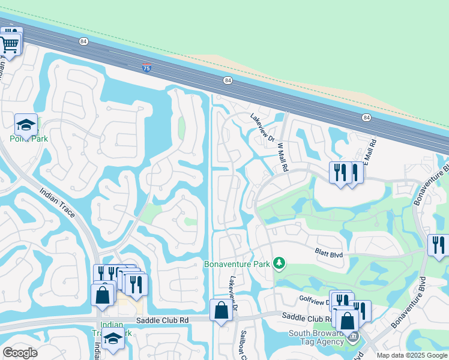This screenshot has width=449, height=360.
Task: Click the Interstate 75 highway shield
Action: click(x=147, y=68)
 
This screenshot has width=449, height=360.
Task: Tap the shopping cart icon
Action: click(x=10, y=43)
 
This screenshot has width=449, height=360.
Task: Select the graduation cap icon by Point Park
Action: click(x=26, y=125)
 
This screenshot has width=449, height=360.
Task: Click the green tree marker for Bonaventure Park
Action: click(x=279, y=263)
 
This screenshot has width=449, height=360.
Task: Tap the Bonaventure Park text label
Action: click(x=237, y=263)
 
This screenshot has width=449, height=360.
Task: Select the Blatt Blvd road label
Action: click(x=329, y=254)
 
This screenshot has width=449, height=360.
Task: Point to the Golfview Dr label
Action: click(x=313, y=298)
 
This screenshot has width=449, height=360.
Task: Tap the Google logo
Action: click(x=20, y=352)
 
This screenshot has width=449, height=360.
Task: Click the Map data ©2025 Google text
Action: click(x=412, y=355)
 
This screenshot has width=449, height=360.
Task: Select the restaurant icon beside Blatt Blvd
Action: click(x=438, y=245)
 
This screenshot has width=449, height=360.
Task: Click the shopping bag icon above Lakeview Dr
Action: click(x=221, y=310)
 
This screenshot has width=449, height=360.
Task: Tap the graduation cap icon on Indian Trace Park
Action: click(x=112, y=338)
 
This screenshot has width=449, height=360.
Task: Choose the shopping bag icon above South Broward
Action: click(x=347, y=320)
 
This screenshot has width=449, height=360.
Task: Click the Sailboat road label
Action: click(x=246, y=343)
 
